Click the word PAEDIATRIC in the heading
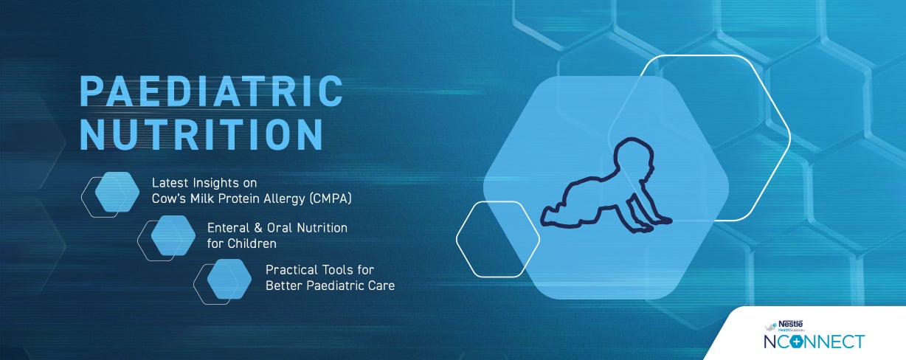[x=211, y=91]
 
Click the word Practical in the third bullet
[x=289, y=270]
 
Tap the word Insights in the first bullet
[x=214, y=182]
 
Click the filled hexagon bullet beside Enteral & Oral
[x=173, y=235]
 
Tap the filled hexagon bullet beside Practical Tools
[x=229, y=278]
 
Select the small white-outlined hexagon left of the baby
[x=497, y=238]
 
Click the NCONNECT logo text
[x=814, y=342]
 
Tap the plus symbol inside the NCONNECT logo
[x=796, y=342]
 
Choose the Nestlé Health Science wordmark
[x=790, y=325]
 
